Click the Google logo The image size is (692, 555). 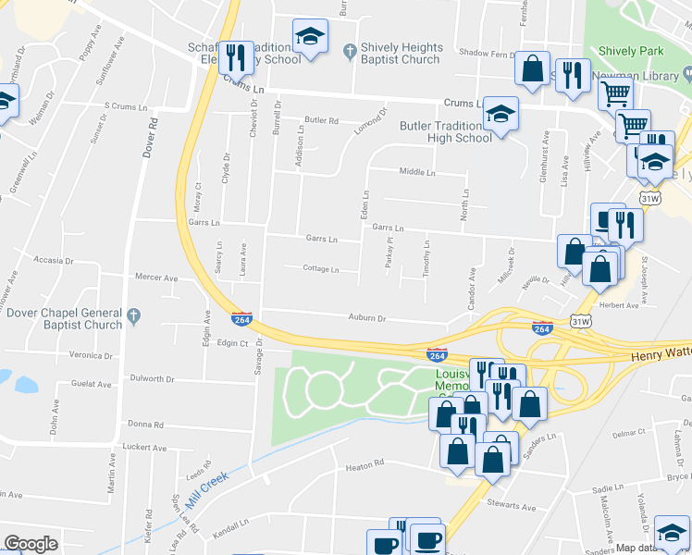pyautogui.click(x=31, y=544)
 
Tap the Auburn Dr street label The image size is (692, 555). pyautogui.click(x=366, y=318)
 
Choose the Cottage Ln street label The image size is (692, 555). pyautogui.click(x=320, y=269)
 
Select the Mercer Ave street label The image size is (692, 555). pyautogui.click(x=155, y=277)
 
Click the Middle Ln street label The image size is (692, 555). pyautogui.click(x=416, y=172)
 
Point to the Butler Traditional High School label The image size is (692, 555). pyautogui.click(x=445, y=131)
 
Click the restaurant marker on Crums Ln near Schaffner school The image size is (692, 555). pyautogui.click(x=235, y=57)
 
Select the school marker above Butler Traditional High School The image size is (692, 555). pyautogui.click(x=501, y=114)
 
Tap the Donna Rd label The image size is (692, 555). pyautogui.click(x=145, y=425)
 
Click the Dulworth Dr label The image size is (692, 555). pyautogui.click(x=152, y=378)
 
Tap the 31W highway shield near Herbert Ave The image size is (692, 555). pyautogui.click(x=580, y=321)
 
